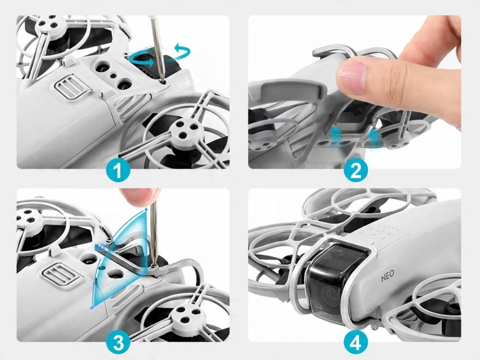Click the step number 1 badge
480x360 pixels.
tap(118, 171)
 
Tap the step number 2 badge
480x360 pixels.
tap(355, 171)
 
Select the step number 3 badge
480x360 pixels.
tap(118, 343)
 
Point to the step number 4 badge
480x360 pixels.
tap(355, 343)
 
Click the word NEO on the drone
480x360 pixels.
tap(388, 276)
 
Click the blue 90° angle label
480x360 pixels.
tap(100, 247)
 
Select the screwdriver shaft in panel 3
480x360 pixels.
tap(154, 233)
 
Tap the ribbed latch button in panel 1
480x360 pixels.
tap(69, 86)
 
